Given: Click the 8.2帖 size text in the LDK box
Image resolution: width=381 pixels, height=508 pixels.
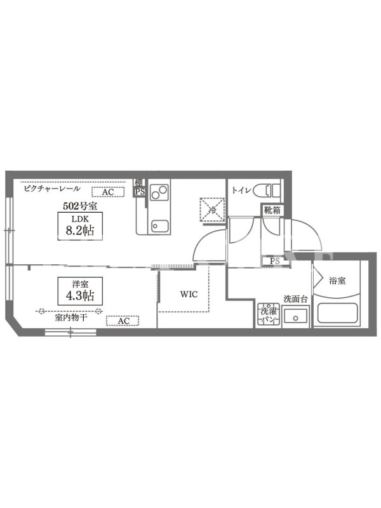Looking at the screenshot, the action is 80,231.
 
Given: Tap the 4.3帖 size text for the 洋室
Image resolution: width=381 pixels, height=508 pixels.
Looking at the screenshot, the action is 80,295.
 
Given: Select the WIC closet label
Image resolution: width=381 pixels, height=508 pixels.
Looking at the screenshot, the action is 189,294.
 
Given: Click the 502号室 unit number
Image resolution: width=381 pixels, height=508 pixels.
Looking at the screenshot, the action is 80,206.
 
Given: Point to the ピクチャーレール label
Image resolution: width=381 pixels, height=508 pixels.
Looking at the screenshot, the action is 52,188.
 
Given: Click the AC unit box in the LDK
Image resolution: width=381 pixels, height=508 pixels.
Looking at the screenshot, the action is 108,192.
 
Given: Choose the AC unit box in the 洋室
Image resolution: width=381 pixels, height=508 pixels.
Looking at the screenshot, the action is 123,321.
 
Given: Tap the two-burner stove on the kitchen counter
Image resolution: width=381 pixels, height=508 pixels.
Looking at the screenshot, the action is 159,192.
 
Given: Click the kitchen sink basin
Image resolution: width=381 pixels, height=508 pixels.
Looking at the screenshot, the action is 160,226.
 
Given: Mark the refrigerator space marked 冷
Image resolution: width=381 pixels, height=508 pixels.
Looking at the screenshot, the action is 213,210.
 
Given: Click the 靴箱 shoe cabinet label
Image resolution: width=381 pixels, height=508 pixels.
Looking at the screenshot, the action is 272,210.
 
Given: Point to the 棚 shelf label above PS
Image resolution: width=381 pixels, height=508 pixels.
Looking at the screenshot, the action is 139,183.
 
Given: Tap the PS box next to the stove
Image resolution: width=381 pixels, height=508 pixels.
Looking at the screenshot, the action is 140,192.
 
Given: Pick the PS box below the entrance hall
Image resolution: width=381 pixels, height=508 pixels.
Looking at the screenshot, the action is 275,261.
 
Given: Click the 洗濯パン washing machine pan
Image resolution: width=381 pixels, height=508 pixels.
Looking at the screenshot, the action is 269,314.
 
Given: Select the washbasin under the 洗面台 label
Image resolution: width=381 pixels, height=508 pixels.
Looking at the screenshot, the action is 295,316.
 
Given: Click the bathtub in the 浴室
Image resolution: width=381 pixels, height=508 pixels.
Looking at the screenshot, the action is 337,312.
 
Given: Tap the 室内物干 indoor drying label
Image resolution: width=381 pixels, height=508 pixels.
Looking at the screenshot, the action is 71,317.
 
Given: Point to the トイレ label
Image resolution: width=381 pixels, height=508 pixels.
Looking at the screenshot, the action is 241,190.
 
